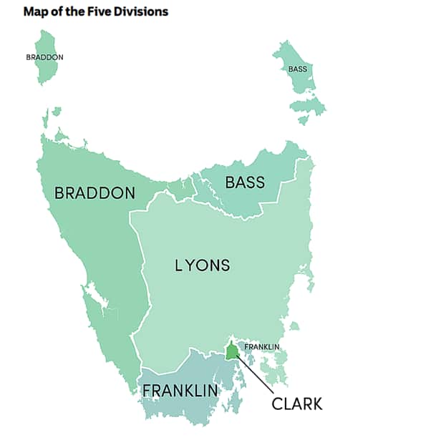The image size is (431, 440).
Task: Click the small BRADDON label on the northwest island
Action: (44, 57)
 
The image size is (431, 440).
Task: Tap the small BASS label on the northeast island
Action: (297, 69)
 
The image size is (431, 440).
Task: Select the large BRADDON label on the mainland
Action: (95, 193)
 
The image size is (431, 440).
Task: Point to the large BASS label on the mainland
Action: (245, 182)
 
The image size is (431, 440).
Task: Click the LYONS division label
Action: (203, 265)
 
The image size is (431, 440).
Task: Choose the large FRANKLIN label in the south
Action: (180, 391)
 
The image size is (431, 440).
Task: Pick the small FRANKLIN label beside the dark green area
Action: (261, 348)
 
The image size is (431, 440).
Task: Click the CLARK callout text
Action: (297, 404)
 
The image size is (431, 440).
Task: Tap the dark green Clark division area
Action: (232, 352)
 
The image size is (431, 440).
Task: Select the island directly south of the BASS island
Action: (307, 107)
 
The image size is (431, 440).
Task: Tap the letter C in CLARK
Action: (278, 404)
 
